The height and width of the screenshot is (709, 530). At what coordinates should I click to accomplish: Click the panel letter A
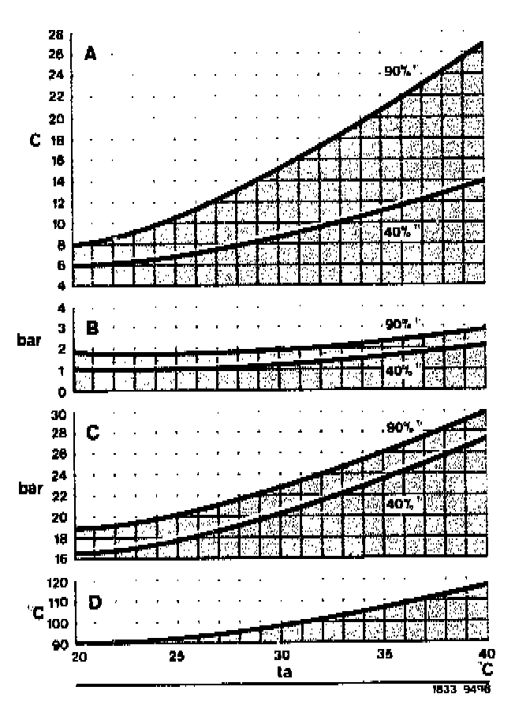[91, 54]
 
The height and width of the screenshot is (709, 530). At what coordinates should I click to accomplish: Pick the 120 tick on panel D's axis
[54, 584]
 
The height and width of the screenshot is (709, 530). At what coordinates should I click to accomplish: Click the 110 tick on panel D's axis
[54, 603]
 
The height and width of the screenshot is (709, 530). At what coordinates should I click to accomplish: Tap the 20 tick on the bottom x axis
[77, 656]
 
